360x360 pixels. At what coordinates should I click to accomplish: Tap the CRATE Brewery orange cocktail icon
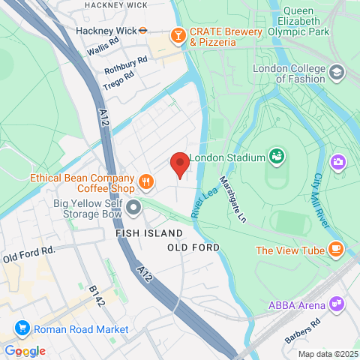[x=178, y=34]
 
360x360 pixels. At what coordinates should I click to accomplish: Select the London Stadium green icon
[x=277, y=157]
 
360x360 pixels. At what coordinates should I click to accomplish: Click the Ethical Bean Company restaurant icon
[x=146, y=180]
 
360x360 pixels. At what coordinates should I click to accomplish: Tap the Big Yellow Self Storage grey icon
[x=134, y=206]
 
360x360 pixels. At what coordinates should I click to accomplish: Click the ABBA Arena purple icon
[x=337, y=304]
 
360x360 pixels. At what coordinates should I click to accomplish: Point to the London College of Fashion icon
[x=337, y=73]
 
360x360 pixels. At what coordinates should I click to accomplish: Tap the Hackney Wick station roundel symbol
[x=151, y=31]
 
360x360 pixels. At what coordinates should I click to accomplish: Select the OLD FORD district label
[x=193, y=247]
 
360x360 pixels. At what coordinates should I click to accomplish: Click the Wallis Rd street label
[x=104, y=48]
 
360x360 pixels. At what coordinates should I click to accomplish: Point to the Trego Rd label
[x=118, y=76]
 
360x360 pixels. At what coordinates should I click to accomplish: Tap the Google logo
[x=24, y=351]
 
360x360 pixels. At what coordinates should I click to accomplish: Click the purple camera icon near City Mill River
[x=338, y=161]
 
